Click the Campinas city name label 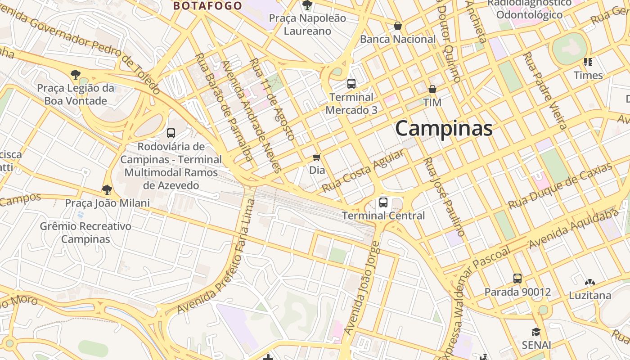(444, 129)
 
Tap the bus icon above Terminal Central (383, 202)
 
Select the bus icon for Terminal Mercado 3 (351, 84)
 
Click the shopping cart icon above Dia (317, 157)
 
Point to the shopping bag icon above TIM (432, 89)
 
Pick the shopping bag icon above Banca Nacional (397, 26)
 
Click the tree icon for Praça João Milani (107, 189)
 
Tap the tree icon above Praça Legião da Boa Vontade (76, 74)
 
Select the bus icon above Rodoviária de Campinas (171, 133)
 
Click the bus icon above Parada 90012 (517, 279)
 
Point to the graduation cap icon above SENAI (536, 332)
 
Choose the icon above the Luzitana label (589, 282)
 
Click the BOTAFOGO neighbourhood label (208, 6)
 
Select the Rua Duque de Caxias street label (560, 186)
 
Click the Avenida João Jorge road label (362, 288)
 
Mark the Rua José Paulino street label (444, 197)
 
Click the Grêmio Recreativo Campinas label (85, 233)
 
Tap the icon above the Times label (588, 62)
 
